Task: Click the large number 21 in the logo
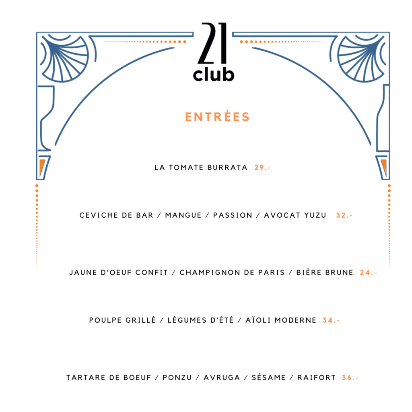click(212, 43)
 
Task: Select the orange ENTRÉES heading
click(217, 117)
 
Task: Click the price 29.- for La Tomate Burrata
click(262, 168)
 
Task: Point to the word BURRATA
click(227, 168)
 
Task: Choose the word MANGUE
click(183, 216)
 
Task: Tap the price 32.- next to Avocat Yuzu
click(344, 216)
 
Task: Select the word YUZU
click(315, 216)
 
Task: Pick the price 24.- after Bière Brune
click(369, 273)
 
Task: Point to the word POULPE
click(105, 320)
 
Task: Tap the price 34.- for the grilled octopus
click(331, 320)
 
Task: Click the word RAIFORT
click(317, 378)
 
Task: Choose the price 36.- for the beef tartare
click(350, 378)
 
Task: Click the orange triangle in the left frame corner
click(42, 166)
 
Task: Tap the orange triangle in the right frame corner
click(384, 166)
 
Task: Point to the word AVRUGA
click(222, 378)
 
